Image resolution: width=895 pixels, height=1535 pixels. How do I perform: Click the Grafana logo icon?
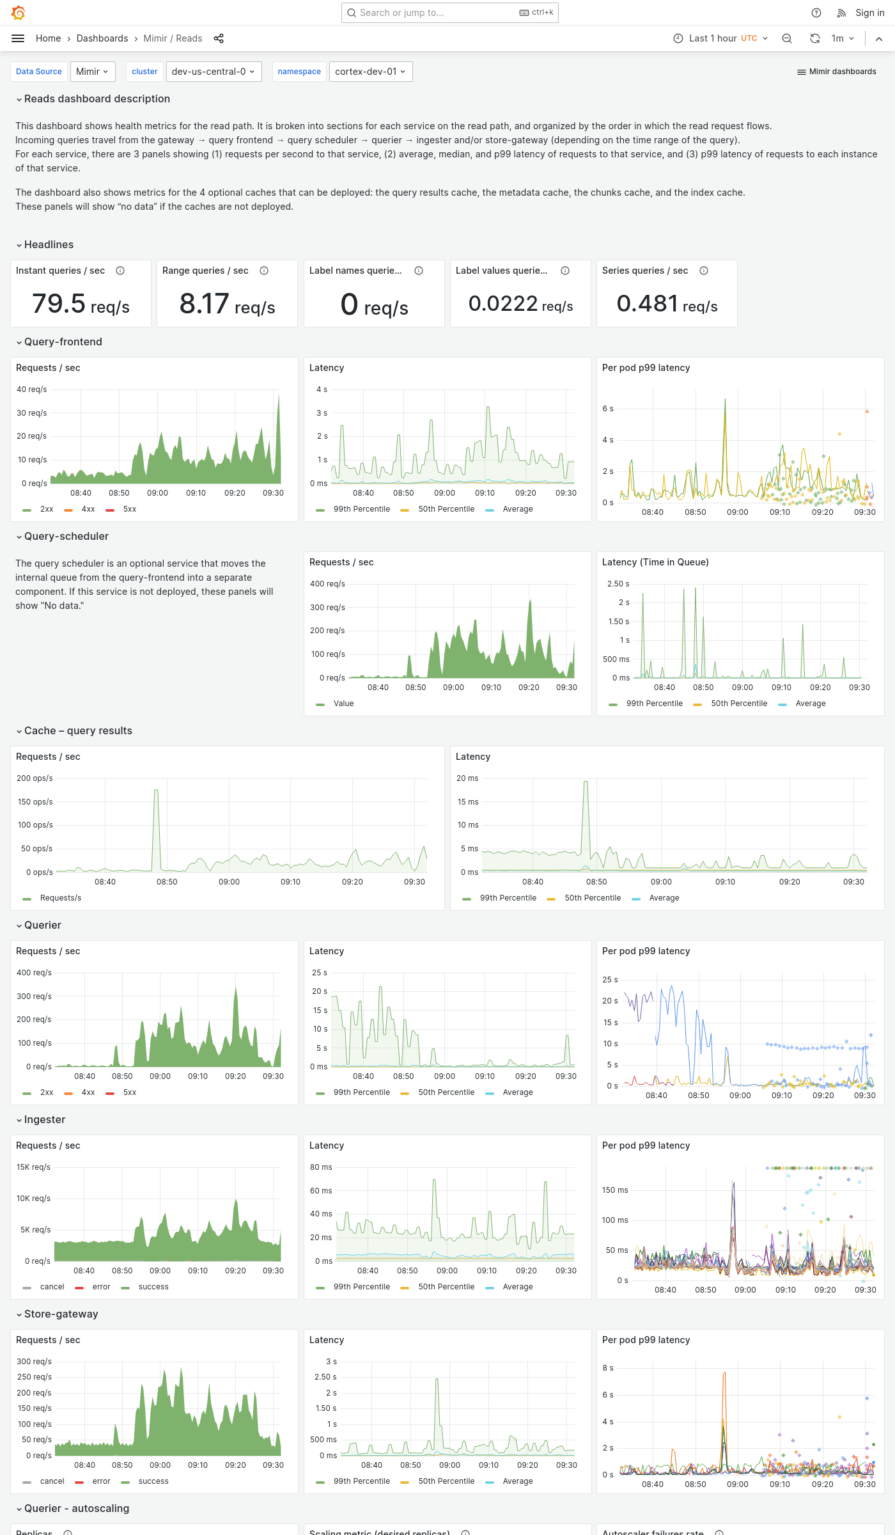[x=19, y=13]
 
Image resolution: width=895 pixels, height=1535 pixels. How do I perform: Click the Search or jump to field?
[x=435, y=13]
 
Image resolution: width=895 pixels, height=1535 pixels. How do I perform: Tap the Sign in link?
[x=869, y=13]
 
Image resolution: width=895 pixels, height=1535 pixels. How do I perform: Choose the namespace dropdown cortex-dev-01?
[x=370, y=72]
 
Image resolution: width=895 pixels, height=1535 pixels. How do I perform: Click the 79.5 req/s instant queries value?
[x=81, y=304]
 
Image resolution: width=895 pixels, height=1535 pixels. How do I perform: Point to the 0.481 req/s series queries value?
[x=667, y=304]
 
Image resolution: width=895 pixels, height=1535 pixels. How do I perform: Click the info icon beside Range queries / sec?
[x=264, y=271]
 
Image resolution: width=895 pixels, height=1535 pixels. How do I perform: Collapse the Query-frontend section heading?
[x=63, y=342]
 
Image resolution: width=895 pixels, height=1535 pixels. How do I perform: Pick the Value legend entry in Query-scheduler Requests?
[x=343, y=704]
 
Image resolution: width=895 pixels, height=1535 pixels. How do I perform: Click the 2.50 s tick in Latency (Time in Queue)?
[x=618, y=584]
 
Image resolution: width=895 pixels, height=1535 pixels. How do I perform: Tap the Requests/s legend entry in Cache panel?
[x=60, y=898]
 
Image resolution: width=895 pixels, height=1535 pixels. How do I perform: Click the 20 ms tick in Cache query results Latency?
[x=467, y=778]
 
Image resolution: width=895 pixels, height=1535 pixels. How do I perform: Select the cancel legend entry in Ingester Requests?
[x=52, y=1287]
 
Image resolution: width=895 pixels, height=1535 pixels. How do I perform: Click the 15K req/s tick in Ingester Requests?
[x=33, y=1167]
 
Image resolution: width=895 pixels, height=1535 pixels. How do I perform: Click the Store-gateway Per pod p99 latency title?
[x=646, y=1340]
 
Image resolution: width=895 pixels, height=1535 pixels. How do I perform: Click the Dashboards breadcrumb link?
[x=102, y=38]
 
